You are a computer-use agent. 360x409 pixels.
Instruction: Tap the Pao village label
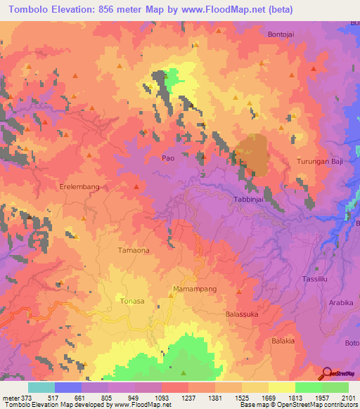pos(168,159)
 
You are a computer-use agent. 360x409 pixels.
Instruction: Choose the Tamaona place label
pos(133,249)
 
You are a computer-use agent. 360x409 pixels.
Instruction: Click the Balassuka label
pos(243,315)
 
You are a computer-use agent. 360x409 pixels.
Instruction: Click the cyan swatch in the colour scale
pos(41,387)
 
